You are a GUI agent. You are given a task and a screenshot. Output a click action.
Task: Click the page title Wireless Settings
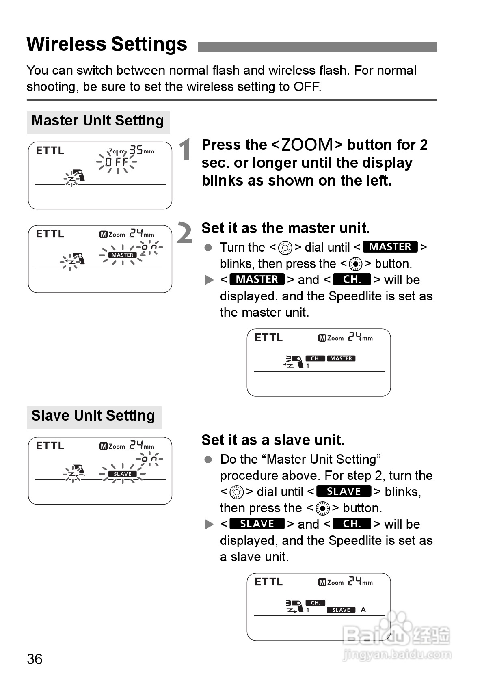[x=107, y=44]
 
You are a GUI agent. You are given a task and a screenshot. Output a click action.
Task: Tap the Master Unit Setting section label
[x=98, y=121]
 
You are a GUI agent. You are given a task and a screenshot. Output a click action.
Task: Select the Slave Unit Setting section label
[x=93, y=416]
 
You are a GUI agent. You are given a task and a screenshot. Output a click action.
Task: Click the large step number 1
[x=185, y=149]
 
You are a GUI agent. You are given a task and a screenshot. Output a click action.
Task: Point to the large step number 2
[x=185, y=233]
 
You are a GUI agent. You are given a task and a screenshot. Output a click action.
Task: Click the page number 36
[x=35, y=659]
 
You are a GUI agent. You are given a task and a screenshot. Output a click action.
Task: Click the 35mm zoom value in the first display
[x=141, y=151]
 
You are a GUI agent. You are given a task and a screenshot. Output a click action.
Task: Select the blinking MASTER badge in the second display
[x=123, y=255]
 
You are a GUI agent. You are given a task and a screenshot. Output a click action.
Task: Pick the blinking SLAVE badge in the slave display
[x=122, y=474]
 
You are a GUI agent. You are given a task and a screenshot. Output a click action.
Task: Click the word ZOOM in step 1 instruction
[x=307, y=145]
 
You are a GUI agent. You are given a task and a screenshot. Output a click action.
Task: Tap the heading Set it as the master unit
[x=285, y=228]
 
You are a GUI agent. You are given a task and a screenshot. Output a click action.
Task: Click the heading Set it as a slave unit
[x=273, y=440]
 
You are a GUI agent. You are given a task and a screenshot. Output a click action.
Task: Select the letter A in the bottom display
[x=363, y=610]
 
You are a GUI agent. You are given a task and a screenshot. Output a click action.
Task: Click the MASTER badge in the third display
[x=341, y=358]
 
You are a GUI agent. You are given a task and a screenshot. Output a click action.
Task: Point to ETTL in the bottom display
[x=268, y=582]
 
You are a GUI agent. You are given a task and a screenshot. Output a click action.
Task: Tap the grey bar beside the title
[x=317, y=47]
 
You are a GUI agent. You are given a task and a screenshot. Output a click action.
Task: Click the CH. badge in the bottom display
[x=316, y=603]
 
